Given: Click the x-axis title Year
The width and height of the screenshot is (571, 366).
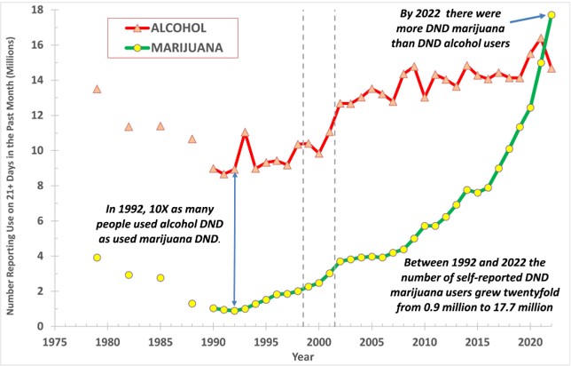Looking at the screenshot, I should pyautogui.click(x=306, y=355).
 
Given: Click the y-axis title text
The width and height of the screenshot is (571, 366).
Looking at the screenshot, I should pyautogui.click(x=12, y=169).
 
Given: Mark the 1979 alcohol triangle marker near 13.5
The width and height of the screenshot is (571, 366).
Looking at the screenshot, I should pyautogui.click(x=97, y=90).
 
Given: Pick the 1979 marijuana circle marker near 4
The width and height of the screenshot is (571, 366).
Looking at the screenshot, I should pyautogui.click(x=97, y=258).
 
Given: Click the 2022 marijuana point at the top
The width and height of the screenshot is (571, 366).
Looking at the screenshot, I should pyautogui.click(x=551, y=15).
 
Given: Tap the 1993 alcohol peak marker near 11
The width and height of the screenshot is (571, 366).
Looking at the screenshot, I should pyautogui.click(x=245, y=133).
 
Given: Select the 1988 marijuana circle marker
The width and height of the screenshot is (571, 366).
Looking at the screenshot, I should pyautogui.click(x=192, y=304).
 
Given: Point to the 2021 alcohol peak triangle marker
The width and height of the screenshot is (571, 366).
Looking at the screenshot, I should pyautogui.click(x=541, y=38).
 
